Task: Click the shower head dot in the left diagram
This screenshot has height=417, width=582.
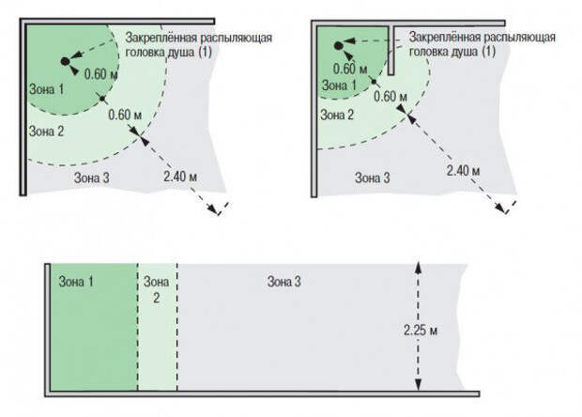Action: (65, 61)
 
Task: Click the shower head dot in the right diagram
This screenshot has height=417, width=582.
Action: (338, 46)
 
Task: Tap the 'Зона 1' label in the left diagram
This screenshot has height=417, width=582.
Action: (46, 89)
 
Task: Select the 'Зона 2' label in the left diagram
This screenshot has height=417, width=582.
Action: (46, 131)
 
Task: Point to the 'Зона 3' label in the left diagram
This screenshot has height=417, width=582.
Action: (92, 178)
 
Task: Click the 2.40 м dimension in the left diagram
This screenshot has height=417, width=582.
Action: (180, 177)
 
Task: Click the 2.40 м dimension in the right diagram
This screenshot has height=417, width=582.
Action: (463, 171)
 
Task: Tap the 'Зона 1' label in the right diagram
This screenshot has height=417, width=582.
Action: (339, 85)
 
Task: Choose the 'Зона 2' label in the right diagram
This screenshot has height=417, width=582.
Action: (337, 115)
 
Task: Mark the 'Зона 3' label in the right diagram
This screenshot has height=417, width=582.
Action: (373, 178)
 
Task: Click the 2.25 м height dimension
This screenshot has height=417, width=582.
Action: (421, 331)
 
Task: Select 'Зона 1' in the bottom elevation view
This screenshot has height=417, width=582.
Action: (76, 282)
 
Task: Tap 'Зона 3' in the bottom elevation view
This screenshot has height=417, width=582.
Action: (283, 282)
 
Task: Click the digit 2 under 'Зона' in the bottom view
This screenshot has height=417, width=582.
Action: (156, 298)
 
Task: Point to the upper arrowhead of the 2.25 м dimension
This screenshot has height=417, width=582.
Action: (418, 268)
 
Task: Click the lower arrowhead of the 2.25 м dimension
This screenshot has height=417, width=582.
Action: (419, 385)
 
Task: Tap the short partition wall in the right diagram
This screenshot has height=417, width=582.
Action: (391, 50)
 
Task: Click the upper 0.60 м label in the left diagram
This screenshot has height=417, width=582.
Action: (101, 74)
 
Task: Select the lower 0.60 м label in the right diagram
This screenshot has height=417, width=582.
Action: (391, 97)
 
